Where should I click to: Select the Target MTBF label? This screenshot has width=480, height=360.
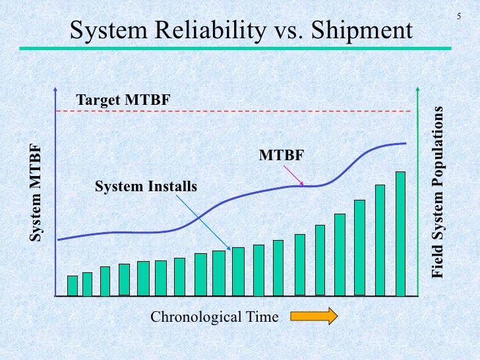123,100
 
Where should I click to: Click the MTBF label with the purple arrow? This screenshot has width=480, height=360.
282,156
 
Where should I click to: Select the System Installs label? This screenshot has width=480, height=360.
146,187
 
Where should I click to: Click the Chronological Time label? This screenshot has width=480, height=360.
215,318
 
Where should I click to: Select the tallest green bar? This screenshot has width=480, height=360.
400,233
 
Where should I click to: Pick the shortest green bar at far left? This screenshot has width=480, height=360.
73,285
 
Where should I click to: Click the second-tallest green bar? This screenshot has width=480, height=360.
380,239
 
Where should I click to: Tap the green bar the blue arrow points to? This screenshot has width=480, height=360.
238,270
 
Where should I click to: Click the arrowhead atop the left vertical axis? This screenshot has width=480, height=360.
57,90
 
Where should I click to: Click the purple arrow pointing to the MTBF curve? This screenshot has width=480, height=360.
295,175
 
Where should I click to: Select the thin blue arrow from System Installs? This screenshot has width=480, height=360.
204,222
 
